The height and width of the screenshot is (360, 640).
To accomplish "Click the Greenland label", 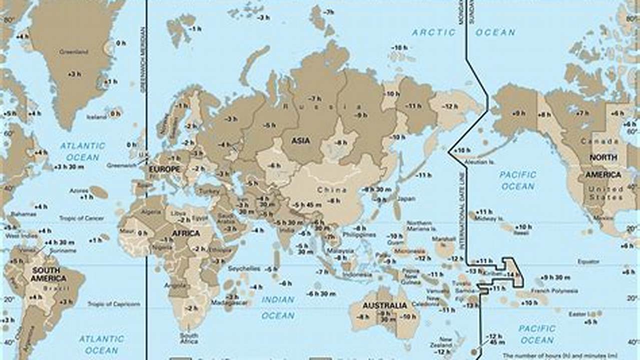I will (x=74, y=51).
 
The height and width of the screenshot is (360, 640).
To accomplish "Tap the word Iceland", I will (x=97, y=117).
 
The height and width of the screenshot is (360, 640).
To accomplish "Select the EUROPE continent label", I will (x=165, y=169).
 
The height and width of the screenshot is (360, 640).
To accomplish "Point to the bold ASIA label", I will (x=301, y=141).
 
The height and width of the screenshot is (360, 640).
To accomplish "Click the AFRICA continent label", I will (x=186, y=233).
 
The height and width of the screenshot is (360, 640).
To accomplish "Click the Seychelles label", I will (x=244, y=268).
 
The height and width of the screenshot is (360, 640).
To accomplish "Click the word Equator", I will (x=588, y=261).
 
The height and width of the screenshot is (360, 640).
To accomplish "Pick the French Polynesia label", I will (x=554, y=290).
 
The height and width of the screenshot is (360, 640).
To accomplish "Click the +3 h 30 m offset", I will (x=69, y=166).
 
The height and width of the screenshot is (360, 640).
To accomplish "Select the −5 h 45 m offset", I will (x=307, y=205).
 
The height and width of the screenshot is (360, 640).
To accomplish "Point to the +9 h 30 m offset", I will (x=555, y=277).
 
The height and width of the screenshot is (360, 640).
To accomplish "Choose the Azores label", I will (x=79, y=191).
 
